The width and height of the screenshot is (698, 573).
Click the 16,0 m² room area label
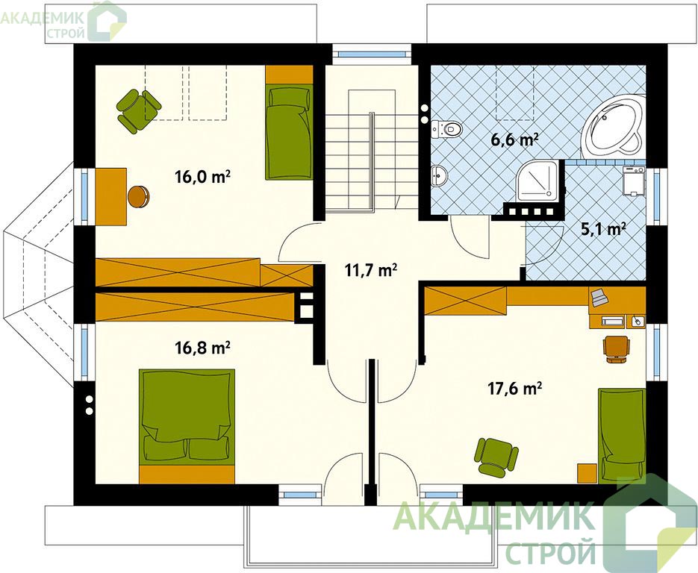(x=202, y=177)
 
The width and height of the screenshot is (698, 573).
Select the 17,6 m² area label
(x=514, y=389)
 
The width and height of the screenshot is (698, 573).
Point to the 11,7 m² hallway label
(x=371, y=269)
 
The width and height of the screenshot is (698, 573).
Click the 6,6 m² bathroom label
(x=514, y=140)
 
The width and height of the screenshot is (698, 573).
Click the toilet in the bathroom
(x=447, y=129)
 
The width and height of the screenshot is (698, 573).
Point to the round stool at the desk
(x=138, y=196)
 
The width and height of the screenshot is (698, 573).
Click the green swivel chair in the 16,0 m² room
(x=138, y=110)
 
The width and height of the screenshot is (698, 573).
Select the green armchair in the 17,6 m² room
(x=498, y=456)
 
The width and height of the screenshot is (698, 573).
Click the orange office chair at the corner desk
(x=617, y=348)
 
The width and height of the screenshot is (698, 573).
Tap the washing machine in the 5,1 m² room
(x=634, y=181)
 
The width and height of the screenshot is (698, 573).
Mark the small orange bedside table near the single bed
(x=588, y=473)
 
